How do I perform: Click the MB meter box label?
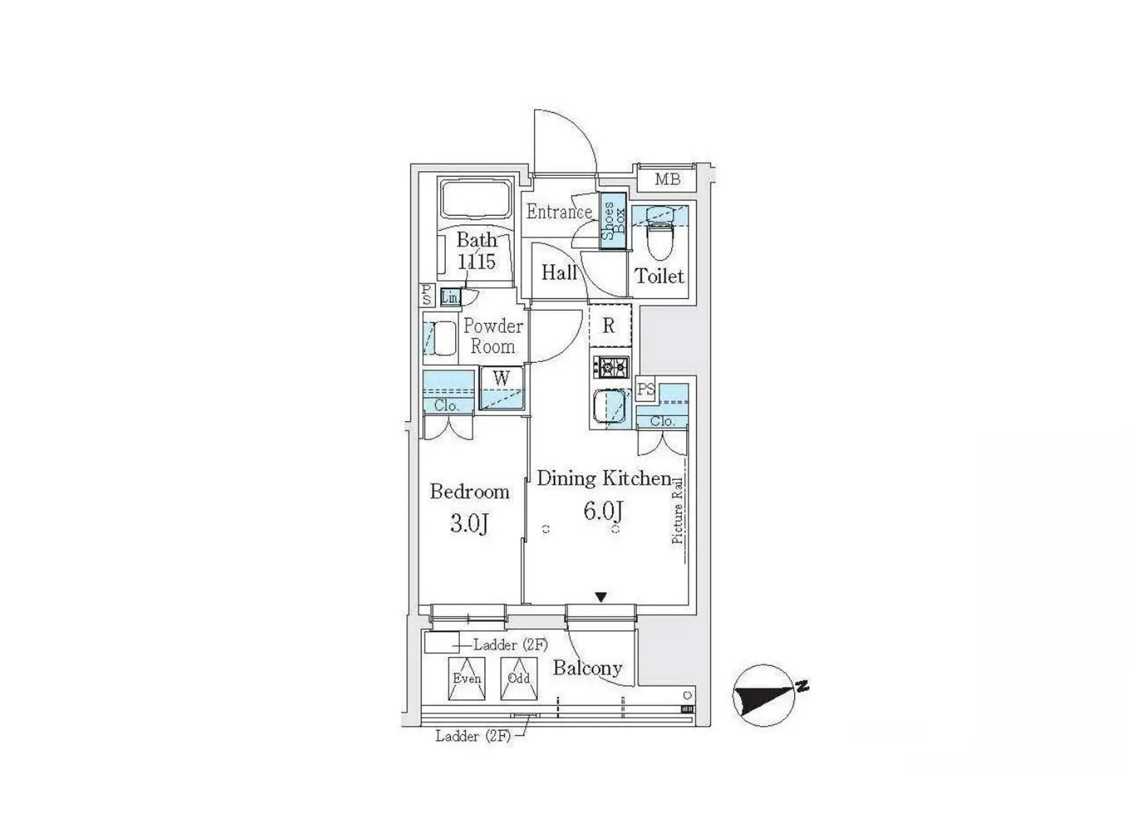[x=667, y=179]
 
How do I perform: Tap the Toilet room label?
[x=659, y=276]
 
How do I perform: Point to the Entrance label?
[x=559, y=212]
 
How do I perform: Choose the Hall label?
[x=559, y=273]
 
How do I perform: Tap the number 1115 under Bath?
[x=476, y=261]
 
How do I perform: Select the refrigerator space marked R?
[x=609, y=326]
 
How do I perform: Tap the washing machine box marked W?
[x=501, y=389]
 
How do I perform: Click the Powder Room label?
[x=493, y=336]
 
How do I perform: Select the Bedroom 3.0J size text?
[x=469, y=524]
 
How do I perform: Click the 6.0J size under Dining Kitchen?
[x=603, y=510]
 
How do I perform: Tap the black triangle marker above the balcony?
[x=600, y=597]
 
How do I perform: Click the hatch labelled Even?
[x=467, y=678]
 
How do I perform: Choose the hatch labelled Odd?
[x=518, y=678]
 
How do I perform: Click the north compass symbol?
[x=765, y=696]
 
